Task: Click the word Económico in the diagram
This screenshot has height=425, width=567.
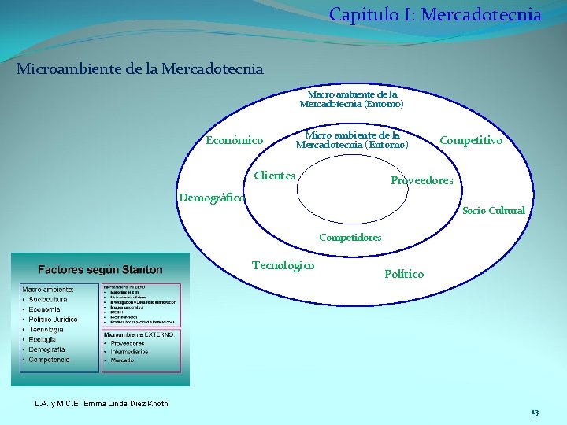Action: click(x=235, y=141)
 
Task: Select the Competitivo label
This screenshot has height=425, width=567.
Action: click(x=470, y=141)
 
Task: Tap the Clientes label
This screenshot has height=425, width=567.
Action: click(x=274, y=176)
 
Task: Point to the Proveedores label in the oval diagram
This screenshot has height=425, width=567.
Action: click(x=422, y=181)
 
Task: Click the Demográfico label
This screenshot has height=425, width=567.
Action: click(x=212, y=198)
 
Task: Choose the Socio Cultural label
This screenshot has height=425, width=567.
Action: click(x=493, y=211)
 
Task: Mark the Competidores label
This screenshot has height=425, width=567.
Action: click(x=350, y=237)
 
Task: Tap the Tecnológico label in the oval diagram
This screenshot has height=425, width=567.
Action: click(x=283, y=265)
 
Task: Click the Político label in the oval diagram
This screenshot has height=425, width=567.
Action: click(x=404, y=274)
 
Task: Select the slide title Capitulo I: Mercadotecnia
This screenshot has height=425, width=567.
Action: click(x=435, y=14)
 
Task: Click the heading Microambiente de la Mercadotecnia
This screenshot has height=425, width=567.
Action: click(x=140, y=69)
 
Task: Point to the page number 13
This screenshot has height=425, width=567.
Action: click(x=535, y=412)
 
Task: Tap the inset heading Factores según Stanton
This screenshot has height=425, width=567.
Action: click(x=101, y=270)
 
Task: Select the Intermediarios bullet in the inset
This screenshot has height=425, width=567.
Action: click(x=129, y=352)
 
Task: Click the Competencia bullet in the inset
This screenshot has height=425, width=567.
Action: click(x=50, y=360)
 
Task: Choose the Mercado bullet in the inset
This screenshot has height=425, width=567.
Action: click(x=122, y=360)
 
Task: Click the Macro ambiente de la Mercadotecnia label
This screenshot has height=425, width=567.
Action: click(x=351, y=98)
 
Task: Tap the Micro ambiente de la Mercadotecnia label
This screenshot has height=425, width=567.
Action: click(x=352, y=139)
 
